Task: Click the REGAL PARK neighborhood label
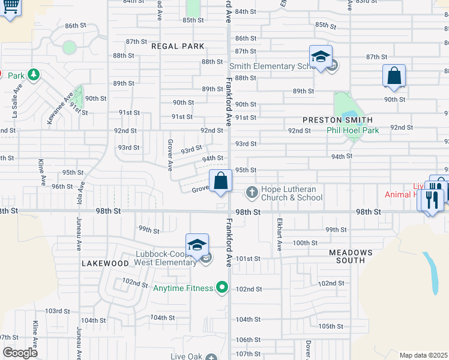(x=178, y=46)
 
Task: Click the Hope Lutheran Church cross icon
(x=252, y=193)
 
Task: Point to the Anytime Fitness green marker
(x=222, y=289)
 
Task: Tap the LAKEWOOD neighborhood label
(x=105, y=263)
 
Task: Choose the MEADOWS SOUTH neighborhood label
(x=351, y=256)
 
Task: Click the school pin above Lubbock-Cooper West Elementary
(x=197, y=245)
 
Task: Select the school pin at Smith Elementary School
(x=321, y=57)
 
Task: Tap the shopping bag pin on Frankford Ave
(x=220, y=181)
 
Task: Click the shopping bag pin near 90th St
(x=394, y=76)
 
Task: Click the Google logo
(x=20, y=353)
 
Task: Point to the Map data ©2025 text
(x=423, y=355)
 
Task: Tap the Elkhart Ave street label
(x=279, y=234)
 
